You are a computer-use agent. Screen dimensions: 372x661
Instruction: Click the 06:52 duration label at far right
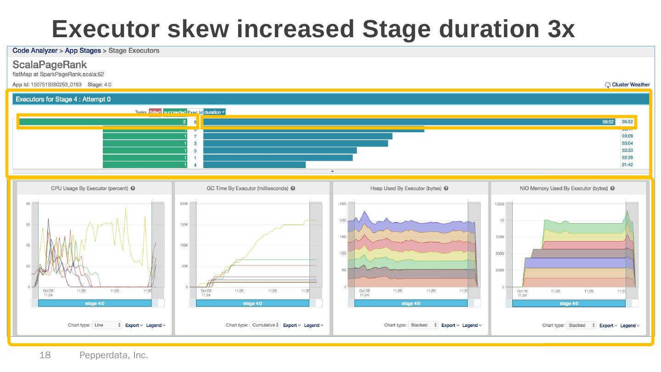coord(627,122)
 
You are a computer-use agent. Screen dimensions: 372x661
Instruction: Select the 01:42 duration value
coord(627,165)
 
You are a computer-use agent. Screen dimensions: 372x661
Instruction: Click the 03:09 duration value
coord(627,136)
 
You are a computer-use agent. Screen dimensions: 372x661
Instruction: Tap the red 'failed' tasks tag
coord(155,112)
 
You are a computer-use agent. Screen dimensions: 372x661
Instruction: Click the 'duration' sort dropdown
coord(214,112)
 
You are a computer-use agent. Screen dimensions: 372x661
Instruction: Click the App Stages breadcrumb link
coord(83,51)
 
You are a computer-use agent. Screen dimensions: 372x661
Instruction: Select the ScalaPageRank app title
coord(50,64)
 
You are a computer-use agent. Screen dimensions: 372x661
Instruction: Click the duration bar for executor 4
coord(254,165)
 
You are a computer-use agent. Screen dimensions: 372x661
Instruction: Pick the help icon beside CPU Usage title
coord(133,188)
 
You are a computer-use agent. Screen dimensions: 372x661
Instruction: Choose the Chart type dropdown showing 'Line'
coord(107,325)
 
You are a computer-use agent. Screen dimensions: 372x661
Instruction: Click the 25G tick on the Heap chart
coord(342,203)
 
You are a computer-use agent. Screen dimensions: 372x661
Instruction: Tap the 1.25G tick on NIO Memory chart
coord(499,203)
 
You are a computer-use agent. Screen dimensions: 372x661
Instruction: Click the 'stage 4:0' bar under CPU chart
coord(95,304)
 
